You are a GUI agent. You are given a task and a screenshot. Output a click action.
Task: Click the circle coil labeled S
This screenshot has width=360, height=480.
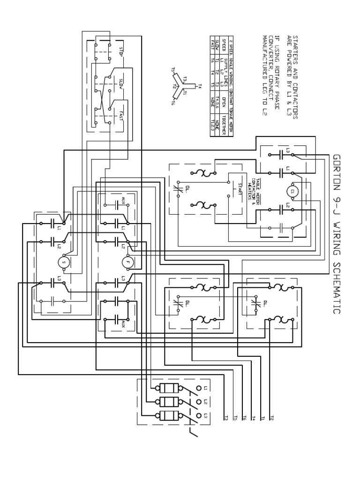[x=64, y=262]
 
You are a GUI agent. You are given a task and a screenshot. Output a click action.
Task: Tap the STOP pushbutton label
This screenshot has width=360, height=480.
[x=121, y=52]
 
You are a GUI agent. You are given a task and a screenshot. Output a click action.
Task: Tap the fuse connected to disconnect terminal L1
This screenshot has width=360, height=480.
[x=168, y=388]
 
